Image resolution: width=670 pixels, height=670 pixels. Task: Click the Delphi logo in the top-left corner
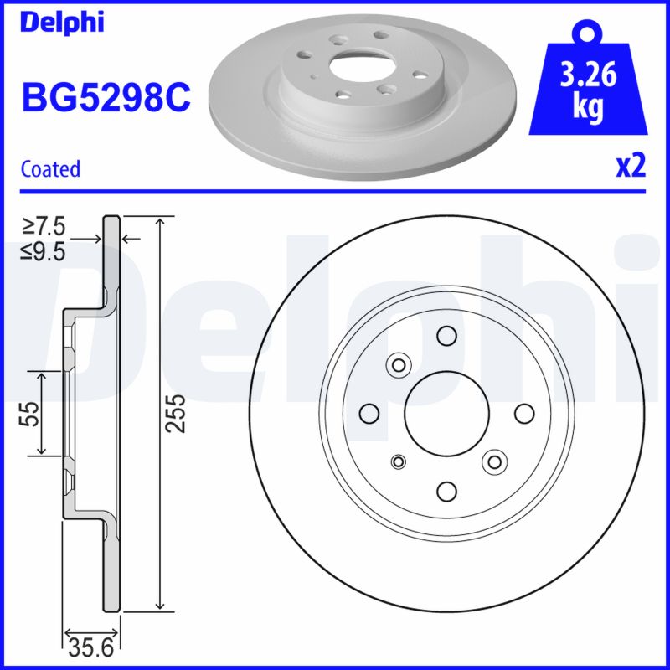click(x=62, y=23)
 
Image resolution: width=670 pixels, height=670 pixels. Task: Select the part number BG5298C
click(x=106, y=99)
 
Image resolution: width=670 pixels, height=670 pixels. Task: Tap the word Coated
click(x=50, y=168)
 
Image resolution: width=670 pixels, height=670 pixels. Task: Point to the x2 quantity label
click(x=631, y=167)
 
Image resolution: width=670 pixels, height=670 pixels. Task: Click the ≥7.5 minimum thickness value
click(x=44, y=227)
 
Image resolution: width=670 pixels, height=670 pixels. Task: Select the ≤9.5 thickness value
click(x=44, y=250)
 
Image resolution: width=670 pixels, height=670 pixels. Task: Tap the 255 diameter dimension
click(x=174, y=413)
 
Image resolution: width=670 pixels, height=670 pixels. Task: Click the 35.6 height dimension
click(x=93, y=647)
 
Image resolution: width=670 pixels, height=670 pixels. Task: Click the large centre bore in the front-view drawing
click(x=446, y=413)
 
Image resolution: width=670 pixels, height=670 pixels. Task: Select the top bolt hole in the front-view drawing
click(x=446, y=336)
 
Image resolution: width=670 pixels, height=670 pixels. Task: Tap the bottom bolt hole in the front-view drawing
click(x=446, y=491)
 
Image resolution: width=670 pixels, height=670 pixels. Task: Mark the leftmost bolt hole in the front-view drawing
click(x=368, y=413)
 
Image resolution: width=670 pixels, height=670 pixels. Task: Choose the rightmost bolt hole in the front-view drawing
click(x=524, y=413)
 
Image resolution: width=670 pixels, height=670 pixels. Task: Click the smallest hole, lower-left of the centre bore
click(x=399, y=461)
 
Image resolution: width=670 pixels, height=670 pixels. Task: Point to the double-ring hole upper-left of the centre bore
click(x=397, y=364)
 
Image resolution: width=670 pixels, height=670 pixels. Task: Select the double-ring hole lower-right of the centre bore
click(x=496, y=461)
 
